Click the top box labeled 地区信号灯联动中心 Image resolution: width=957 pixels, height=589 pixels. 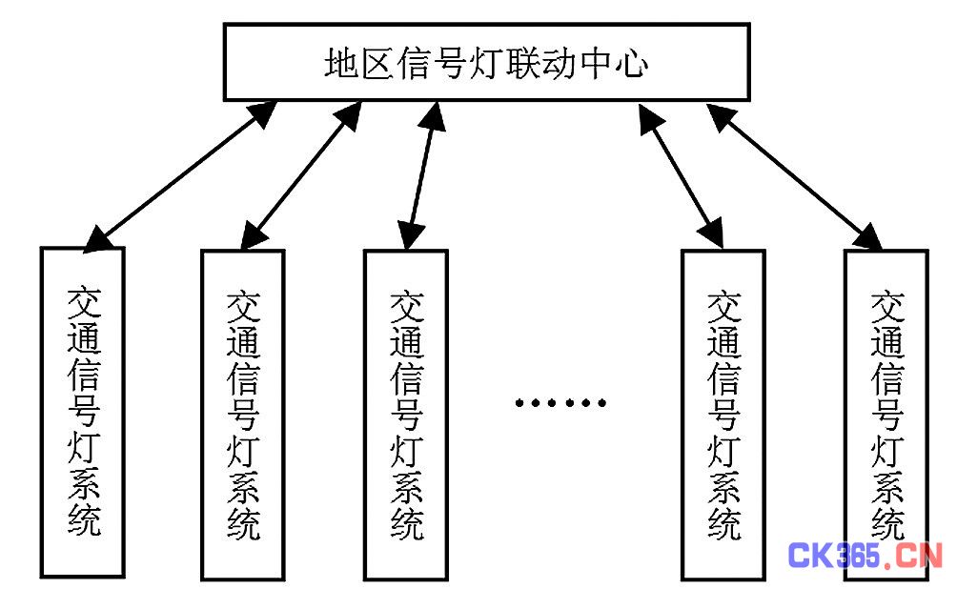point(486,62)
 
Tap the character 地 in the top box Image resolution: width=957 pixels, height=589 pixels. point(340,64)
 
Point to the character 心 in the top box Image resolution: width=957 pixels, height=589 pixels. point(632,64)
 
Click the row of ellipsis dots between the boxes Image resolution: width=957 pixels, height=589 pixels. point(560,402)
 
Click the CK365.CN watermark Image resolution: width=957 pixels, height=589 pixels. point(865,555)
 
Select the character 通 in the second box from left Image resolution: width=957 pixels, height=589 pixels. point(243,345)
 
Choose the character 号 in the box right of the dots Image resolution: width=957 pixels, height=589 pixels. point(723,414)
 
